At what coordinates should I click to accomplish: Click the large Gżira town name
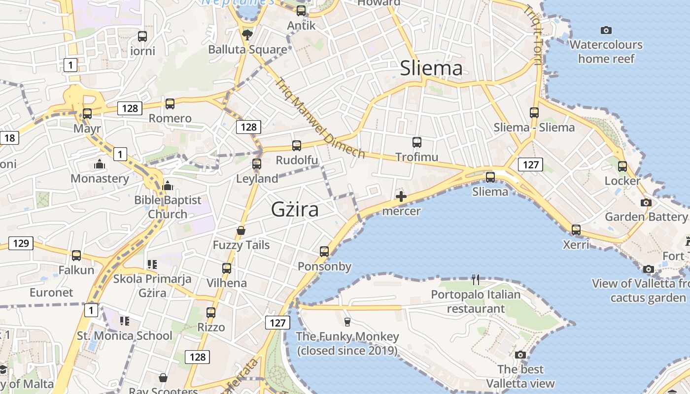[x=295, y=210]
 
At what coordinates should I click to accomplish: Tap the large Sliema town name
[x=431, y=68]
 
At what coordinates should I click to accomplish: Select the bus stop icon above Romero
[x=170, y=103]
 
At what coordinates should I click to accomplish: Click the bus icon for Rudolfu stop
[x=297, y=145]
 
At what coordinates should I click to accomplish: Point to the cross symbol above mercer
[x=401, y=197]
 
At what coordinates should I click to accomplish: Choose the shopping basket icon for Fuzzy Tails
[x=241, y=230]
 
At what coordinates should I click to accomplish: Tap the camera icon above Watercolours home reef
[x=606, y=31]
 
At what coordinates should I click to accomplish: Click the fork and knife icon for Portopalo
[x=476, y=280]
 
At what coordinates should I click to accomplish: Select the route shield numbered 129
[x=21, y=243]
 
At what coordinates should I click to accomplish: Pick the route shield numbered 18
[x=9, y=138]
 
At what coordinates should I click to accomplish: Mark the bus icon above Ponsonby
[x=324, y=252]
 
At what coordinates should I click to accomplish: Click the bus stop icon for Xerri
[x=576, y=230]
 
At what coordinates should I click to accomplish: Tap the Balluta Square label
[x=247, y=50]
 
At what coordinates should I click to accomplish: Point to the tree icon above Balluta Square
[x=247, y=34]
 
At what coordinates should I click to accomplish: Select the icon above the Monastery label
[x=100, y=164]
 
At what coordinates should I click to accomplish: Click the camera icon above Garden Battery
[x=646, y=202]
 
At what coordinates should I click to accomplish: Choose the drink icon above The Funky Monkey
[x=347, y=322]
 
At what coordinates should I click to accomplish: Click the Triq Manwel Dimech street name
[x=320, y=118]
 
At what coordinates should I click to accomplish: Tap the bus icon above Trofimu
[x=417, y=142]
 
